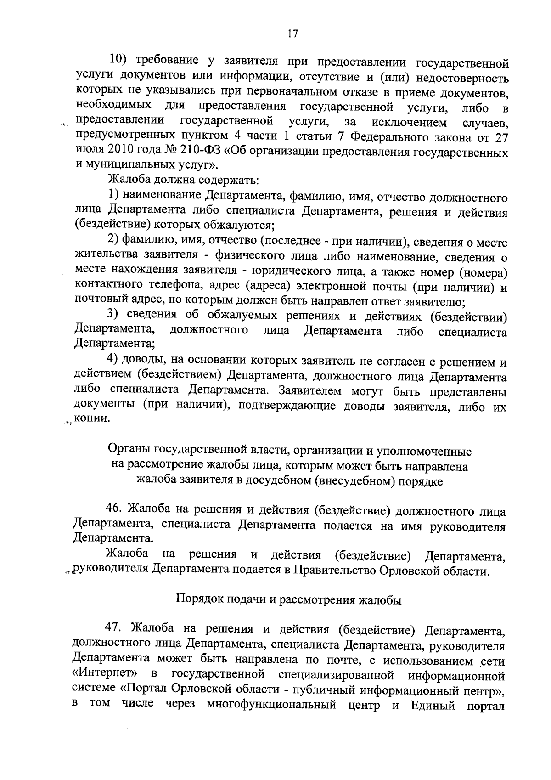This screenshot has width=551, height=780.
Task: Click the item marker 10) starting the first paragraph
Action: (118, 61)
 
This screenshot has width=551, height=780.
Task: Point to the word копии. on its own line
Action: (92, 420)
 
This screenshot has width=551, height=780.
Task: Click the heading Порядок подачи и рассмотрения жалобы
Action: (289, 600)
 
